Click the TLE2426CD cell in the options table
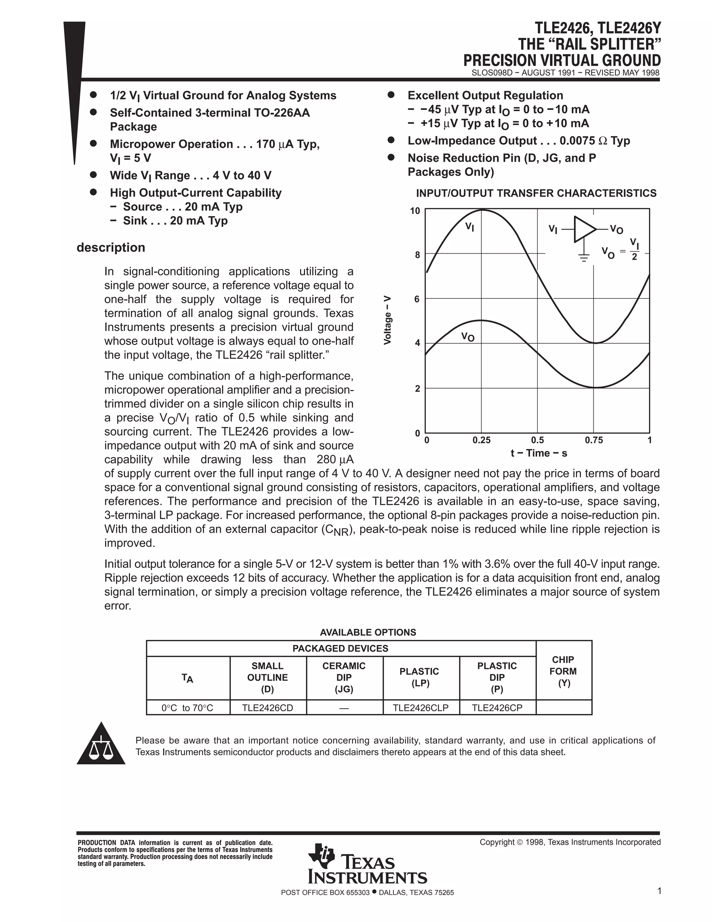267,708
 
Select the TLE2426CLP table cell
421,708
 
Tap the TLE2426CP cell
497,708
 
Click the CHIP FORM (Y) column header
564,671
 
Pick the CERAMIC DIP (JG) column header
344,677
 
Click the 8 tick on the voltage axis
417,255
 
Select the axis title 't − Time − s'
539,453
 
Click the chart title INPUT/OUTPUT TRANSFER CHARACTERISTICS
536,193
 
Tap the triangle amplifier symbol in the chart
584,229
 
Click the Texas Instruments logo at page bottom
367,870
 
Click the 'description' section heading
111,247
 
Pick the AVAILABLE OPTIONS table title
368,632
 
